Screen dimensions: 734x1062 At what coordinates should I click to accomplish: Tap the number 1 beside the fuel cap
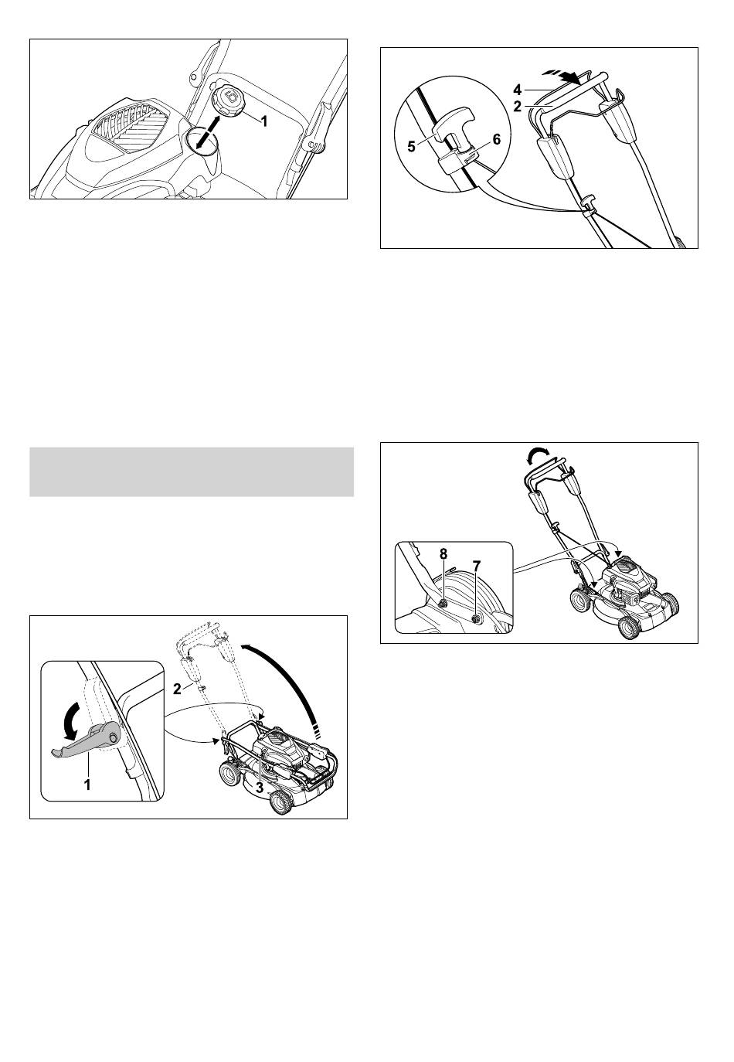click(x=264, y=122)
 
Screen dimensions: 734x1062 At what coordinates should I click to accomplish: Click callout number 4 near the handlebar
click(x=517, y=90)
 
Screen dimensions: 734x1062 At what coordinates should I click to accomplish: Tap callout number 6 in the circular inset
click(x=496, y=139)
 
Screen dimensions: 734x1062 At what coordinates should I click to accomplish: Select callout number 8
click(x=443, y=553)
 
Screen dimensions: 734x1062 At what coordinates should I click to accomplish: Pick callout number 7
click(x=477, y=565)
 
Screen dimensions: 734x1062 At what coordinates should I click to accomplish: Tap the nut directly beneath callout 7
click(x=475, y=618)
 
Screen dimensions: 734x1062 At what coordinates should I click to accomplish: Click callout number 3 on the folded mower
click(x=259, y=788)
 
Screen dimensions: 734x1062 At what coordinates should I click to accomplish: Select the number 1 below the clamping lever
click(x=87, y=785)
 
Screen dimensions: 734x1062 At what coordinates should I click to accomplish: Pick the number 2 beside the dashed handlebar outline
click(x=177, y=689)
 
